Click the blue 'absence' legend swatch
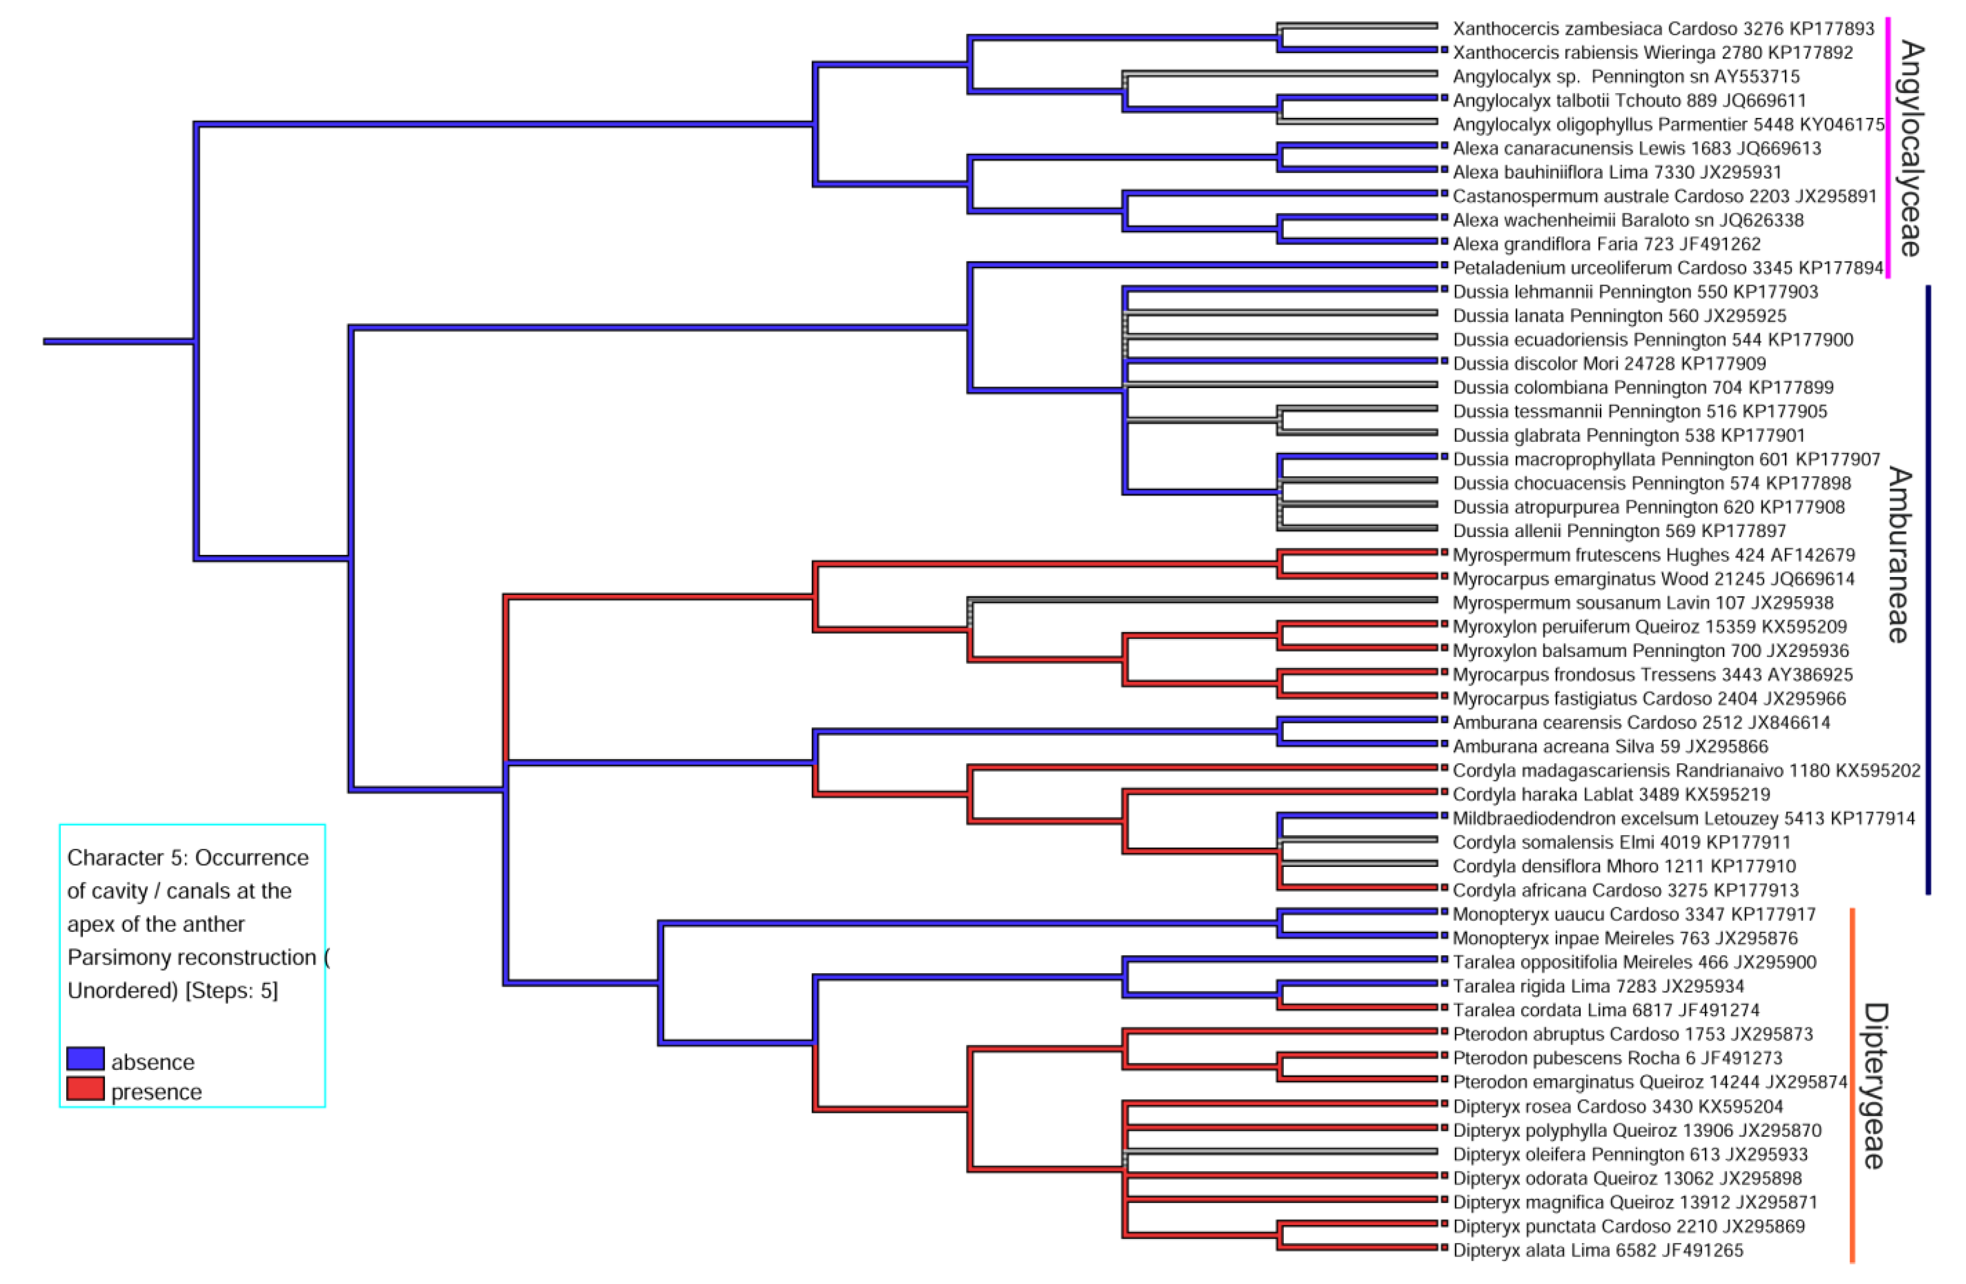(x=85, y=1059)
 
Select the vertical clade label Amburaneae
(x=1899, y=554)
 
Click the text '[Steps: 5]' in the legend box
(x=231, y=990)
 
